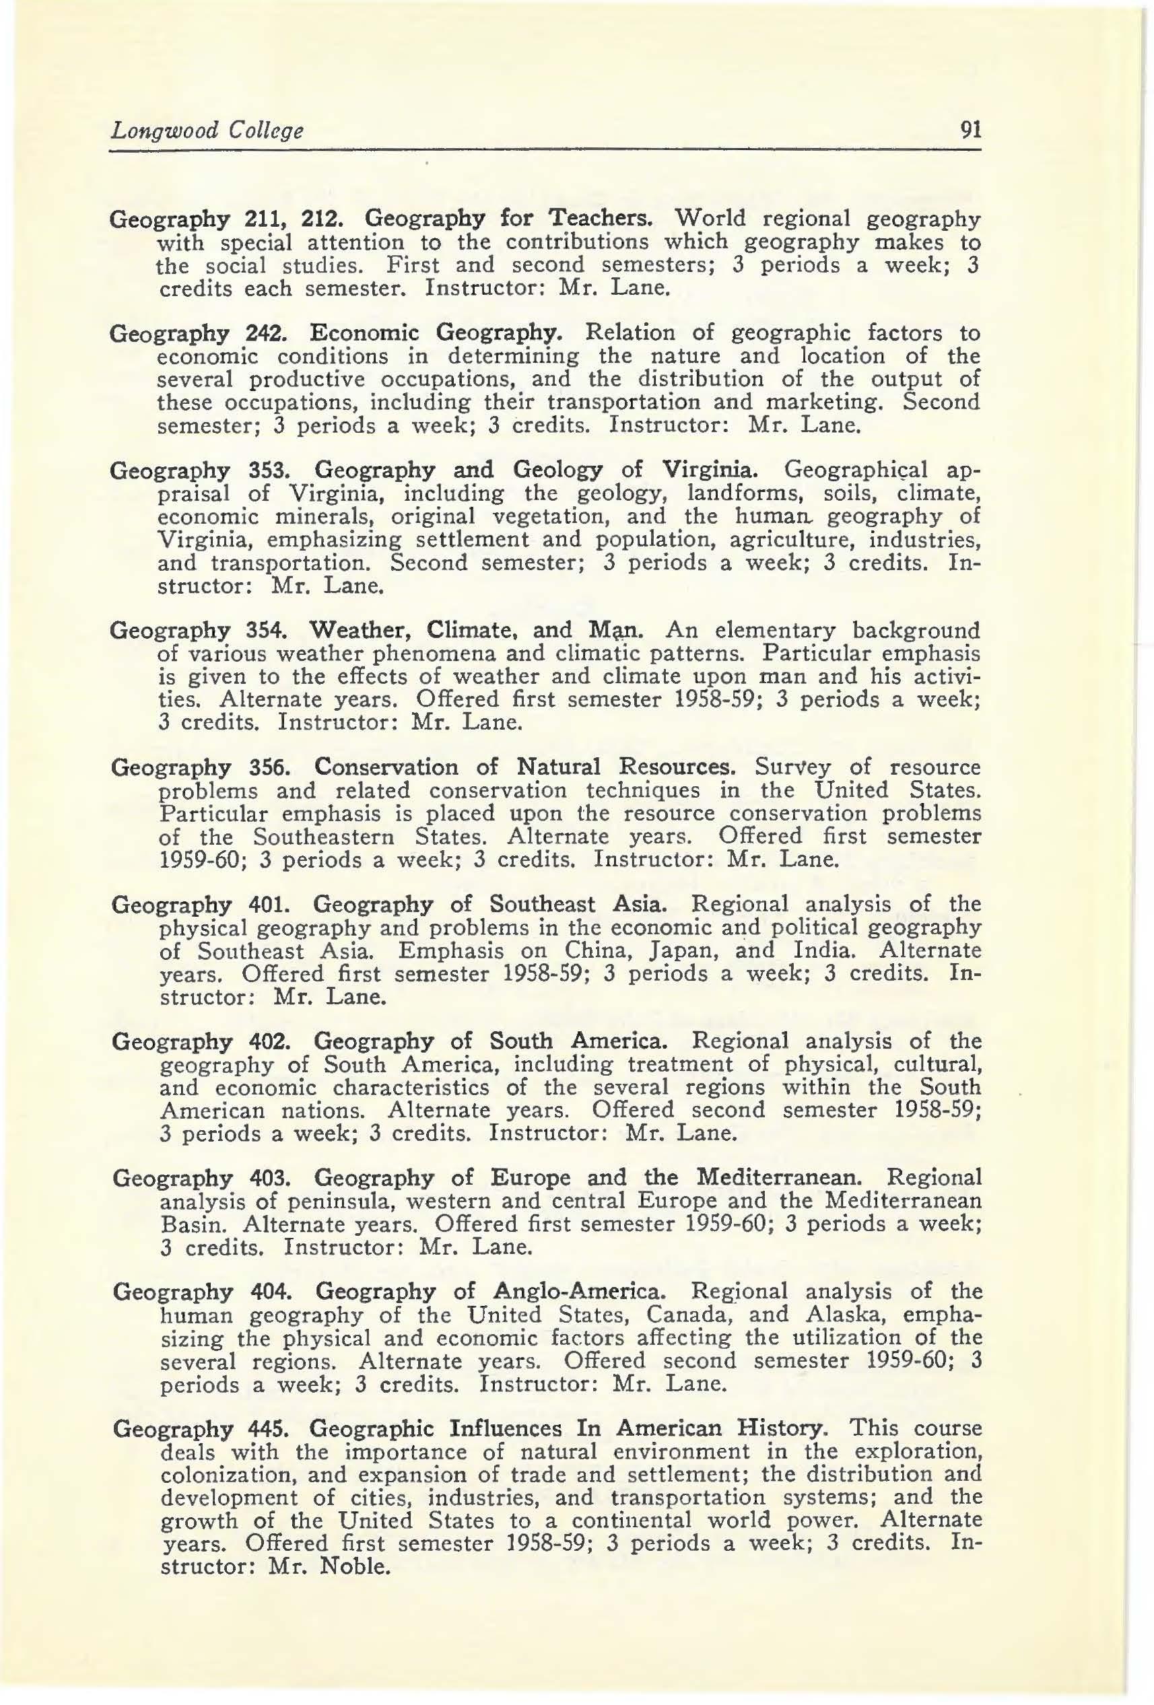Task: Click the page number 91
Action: (x=970, y=131)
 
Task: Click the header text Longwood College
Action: (x=206, y=131)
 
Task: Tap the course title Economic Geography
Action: (x=436, y=334)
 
